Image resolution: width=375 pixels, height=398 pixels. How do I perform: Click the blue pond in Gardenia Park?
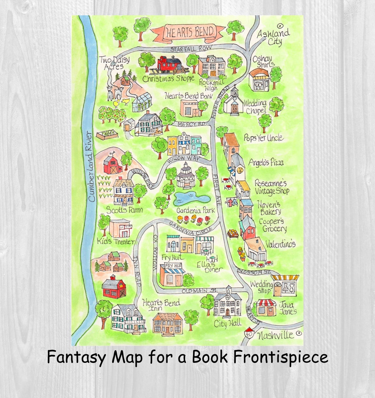pos(192,198)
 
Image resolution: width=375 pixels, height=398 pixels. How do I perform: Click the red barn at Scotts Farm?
pos(112,164)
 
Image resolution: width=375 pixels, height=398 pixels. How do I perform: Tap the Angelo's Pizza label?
pos(266,162)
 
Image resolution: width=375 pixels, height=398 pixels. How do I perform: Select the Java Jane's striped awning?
pos(266,302)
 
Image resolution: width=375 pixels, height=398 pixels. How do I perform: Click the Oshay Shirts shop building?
pos(259,80)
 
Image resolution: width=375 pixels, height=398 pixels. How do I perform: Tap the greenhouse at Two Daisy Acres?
pos(141,102)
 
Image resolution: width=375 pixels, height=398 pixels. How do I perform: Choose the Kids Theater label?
pos(115,241)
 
